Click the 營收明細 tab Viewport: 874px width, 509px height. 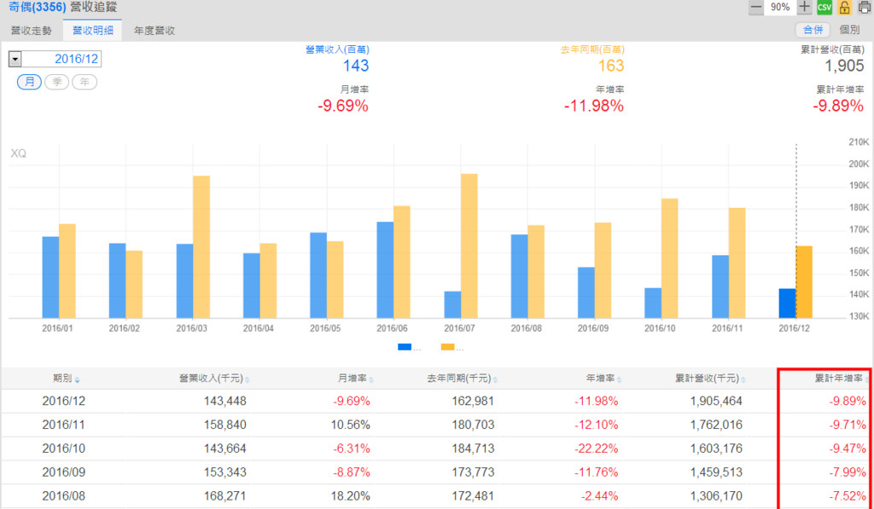point(92,31)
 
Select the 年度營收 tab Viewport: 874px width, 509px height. point(154,31)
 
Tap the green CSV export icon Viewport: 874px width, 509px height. point(824,8)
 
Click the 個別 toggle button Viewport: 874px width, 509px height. point(849,30)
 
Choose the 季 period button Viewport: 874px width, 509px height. point(56,82)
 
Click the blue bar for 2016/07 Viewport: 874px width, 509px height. point(452,304)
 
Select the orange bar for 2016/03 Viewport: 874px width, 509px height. point(201,246)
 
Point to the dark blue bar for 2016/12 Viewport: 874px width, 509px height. point(787,303)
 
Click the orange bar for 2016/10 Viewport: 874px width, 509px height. point(670,257)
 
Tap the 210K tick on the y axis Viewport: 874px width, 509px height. point(857,142)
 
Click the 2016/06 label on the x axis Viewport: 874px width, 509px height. point(393,327)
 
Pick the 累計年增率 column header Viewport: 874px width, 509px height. point(838,379)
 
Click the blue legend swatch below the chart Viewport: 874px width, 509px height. point(405,347)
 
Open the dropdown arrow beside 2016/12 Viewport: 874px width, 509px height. point(15,59)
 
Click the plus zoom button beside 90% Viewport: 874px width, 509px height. point(804,8)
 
